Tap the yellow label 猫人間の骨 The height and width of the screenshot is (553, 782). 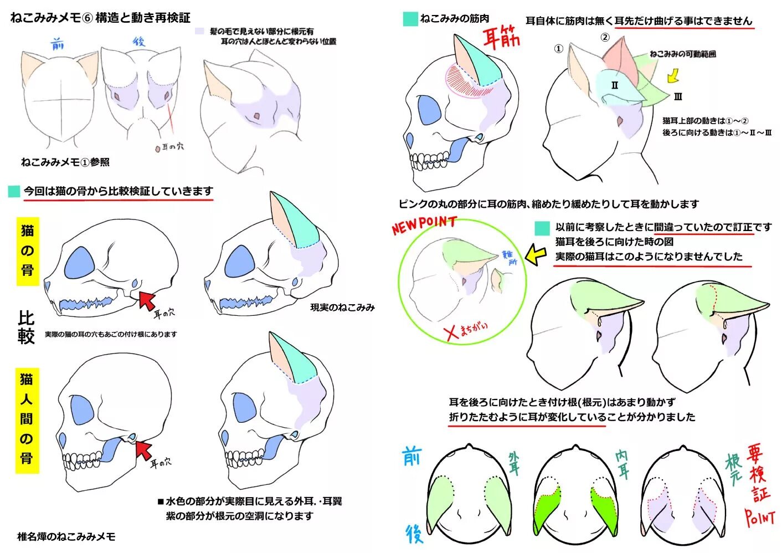click(27, 419)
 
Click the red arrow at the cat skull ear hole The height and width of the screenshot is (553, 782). click(146, 300)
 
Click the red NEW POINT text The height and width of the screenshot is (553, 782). click(424, 224)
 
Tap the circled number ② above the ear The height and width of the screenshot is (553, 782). click(605, 37)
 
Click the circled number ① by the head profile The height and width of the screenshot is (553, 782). click(558, 49)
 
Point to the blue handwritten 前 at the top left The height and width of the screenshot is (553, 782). click(57, 44)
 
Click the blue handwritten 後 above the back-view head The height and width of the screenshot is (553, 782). click(139, 42)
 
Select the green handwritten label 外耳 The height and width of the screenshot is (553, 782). click(515, 463)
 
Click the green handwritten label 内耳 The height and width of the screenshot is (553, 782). click(622, 463)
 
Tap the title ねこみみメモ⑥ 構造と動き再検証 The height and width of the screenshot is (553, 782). click(100, 18)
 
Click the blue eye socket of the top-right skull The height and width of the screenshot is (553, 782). click(428, 110)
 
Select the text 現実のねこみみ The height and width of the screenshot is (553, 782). click(342, 307)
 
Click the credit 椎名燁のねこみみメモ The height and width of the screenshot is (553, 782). click(66, 536)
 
